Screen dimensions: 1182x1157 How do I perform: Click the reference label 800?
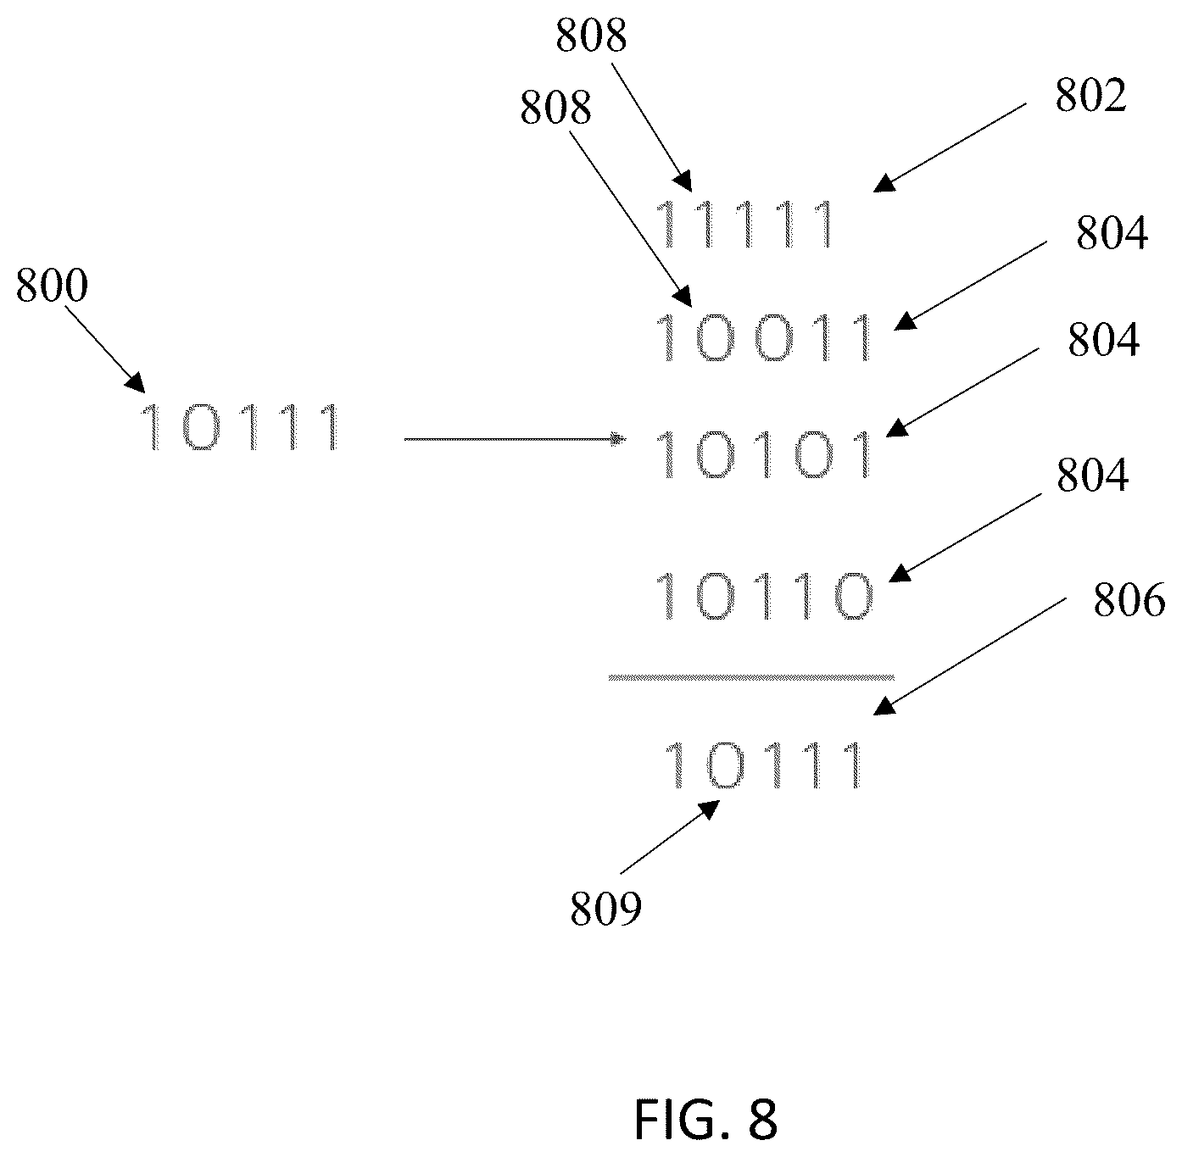(x=52, y=286)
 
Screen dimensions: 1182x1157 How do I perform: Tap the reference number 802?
(x=1091, y=97)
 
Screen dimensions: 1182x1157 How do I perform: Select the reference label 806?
(x=1129, y=601)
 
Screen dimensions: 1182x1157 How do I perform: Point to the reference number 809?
(x=606, y=909)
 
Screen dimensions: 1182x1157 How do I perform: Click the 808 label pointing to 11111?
(x=591, y=36)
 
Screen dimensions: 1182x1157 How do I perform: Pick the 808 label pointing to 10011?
(x=555, y=108)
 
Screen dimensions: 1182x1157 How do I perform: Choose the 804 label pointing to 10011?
(x=1112, y=234)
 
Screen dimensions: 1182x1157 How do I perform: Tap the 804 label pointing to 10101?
(x=1103, y=341)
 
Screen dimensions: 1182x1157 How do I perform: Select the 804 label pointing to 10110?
(x=1092, y=476)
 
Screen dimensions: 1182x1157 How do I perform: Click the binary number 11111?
(x=745, y=225)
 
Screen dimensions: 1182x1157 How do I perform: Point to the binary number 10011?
(x=765, y=337)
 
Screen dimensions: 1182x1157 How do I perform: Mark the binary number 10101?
(x=765, y=454)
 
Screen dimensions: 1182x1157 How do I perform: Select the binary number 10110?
(x=765, y=596)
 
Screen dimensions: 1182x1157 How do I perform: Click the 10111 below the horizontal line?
(x=765, y=765)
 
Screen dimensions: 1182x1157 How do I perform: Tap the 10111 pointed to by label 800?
(x=241, y=427)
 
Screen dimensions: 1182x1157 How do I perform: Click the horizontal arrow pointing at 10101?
(x=516, y=439)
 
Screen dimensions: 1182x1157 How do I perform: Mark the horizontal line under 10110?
(x=751, y=678)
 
